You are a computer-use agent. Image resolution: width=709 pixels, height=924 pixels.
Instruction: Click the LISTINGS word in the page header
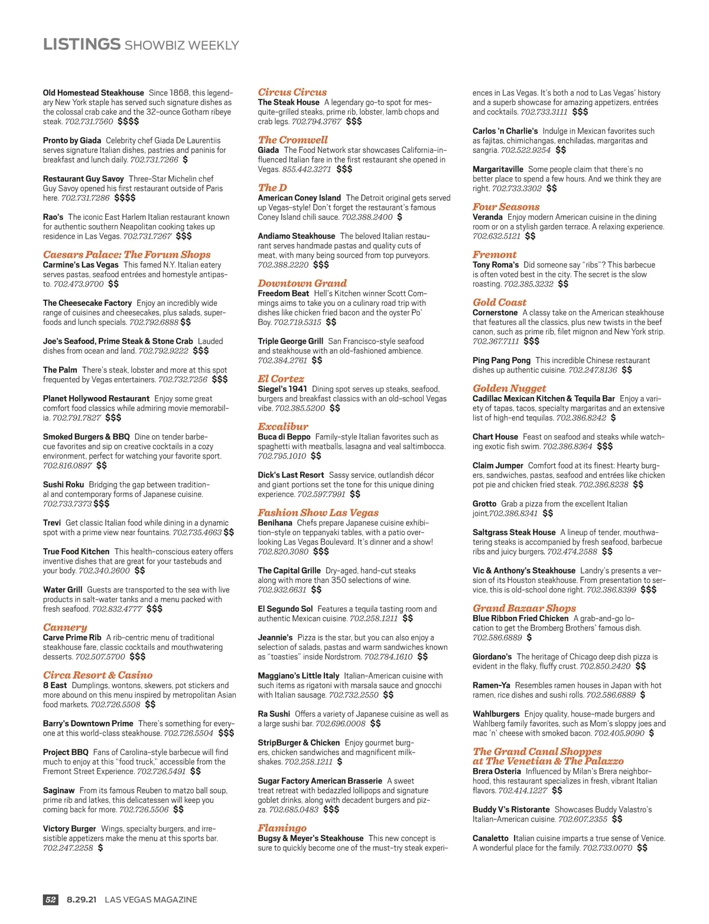click(82, 44)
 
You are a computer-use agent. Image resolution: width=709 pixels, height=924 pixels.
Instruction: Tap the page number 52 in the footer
click(51, 899)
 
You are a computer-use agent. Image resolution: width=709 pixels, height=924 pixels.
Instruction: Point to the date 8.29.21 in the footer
click(82, 899)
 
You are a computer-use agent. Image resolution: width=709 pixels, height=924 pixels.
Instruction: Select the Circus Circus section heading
click(292, 92)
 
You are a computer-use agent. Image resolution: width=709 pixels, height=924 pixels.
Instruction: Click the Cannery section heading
click(65, 627)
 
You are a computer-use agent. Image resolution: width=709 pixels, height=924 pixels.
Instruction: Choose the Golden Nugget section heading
click(509, 388)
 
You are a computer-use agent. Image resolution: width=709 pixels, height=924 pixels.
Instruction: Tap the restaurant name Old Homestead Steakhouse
click(93, 93)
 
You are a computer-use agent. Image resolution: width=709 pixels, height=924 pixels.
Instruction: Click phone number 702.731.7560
click(89, 122)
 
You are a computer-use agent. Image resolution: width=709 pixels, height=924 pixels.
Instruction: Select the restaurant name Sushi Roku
click(63, 484)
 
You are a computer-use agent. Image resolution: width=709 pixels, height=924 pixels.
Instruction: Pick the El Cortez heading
click(281, 379)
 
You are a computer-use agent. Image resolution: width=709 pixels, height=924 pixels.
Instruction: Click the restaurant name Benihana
click(275, 523)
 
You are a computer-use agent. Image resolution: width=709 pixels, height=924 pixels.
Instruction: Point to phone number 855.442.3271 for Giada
click(306, 169)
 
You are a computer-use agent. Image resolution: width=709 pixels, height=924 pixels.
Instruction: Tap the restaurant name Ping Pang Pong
click(501, 360)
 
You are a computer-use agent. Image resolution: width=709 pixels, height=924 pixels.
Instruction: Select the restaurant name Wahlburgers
click(496, 714)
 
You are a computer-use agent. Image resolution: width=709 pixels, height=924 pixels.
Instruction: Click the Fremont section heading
click(494, 255)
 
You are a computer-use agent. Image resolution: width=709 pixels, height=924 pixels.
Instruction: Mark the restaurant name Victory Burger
click(69, 829)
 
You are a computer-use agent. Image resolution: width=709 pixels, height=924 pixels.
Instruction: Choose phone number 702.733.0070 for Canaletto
click(607, 848)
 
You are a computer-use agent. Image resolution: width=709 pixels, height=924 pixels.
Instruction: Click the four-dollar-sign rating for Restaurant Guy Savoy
click(125, 198)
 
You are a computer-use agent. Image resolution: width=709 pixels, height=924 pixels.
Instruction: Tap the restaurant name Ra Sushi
click(274, 714)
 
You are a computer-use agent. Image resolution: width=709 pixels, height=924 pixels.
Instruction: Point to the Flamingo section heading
click(282, 828)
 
